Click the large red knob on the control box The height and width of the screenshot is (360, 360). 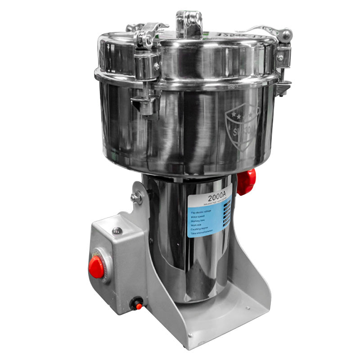coord(96,268)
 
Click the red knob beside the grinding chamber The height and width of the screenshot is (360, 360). coord(247,181)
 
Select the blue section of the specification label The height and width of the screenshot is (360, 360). coord(208,220)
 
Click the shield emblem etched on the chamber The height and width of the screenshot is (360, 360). coord(242,127)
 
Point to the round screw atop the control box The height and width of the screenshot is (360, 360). coord(117,231)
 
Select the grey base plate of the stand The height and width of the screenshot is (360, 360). coord(225,315)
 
